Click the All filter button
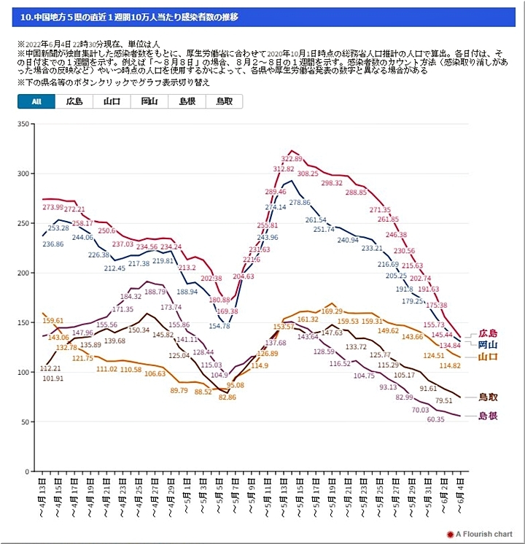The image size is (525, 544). click(x=36, y=101)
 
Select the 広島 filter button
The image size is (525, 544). click(x=74, y=101)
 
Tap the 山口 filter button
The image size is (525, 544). click(x=112, y=101)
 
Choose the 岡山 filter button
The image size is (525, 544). click(x=149, y=101)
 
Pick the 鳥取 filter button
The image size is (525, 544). click(x=224, y=101)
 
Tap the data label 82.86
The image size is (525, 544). click(x=227, y=397)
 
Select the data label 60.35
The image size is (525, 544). click(x=435, y=420)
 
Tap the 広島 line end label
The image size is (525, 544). click(x=487, y=333)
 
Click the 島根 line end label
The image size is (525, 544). click(x=487, y=416)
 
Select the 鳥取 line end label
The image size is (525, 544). click(x=487, y=397)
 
